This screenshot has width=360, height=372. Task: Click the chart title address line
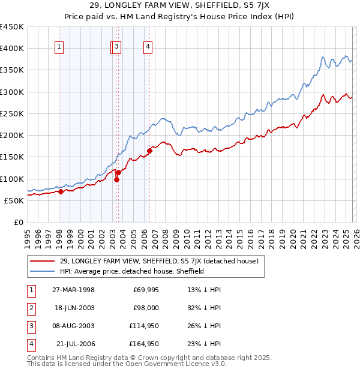[x=179, y=7]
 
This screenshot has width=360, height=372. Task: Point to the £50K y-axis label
[x=14, y=200]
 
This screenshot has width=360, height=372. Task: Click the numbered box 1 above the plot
[x=60, y=49]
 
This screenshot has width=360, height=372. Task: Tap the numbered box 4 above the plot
[x=148, y=49]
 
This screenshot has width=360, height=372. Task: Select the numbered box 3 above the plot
[x=116, y=49]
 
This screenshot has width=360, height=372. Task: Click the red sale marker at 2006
[x=149, y=151]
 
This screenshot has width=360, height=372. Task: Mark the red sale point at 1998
[x=61, y=192]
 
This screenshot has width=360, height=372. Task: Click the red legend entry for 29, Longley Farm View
[x=159, y=261]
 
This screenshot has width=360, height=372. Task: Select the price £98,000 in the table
[x=145, y=308]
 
